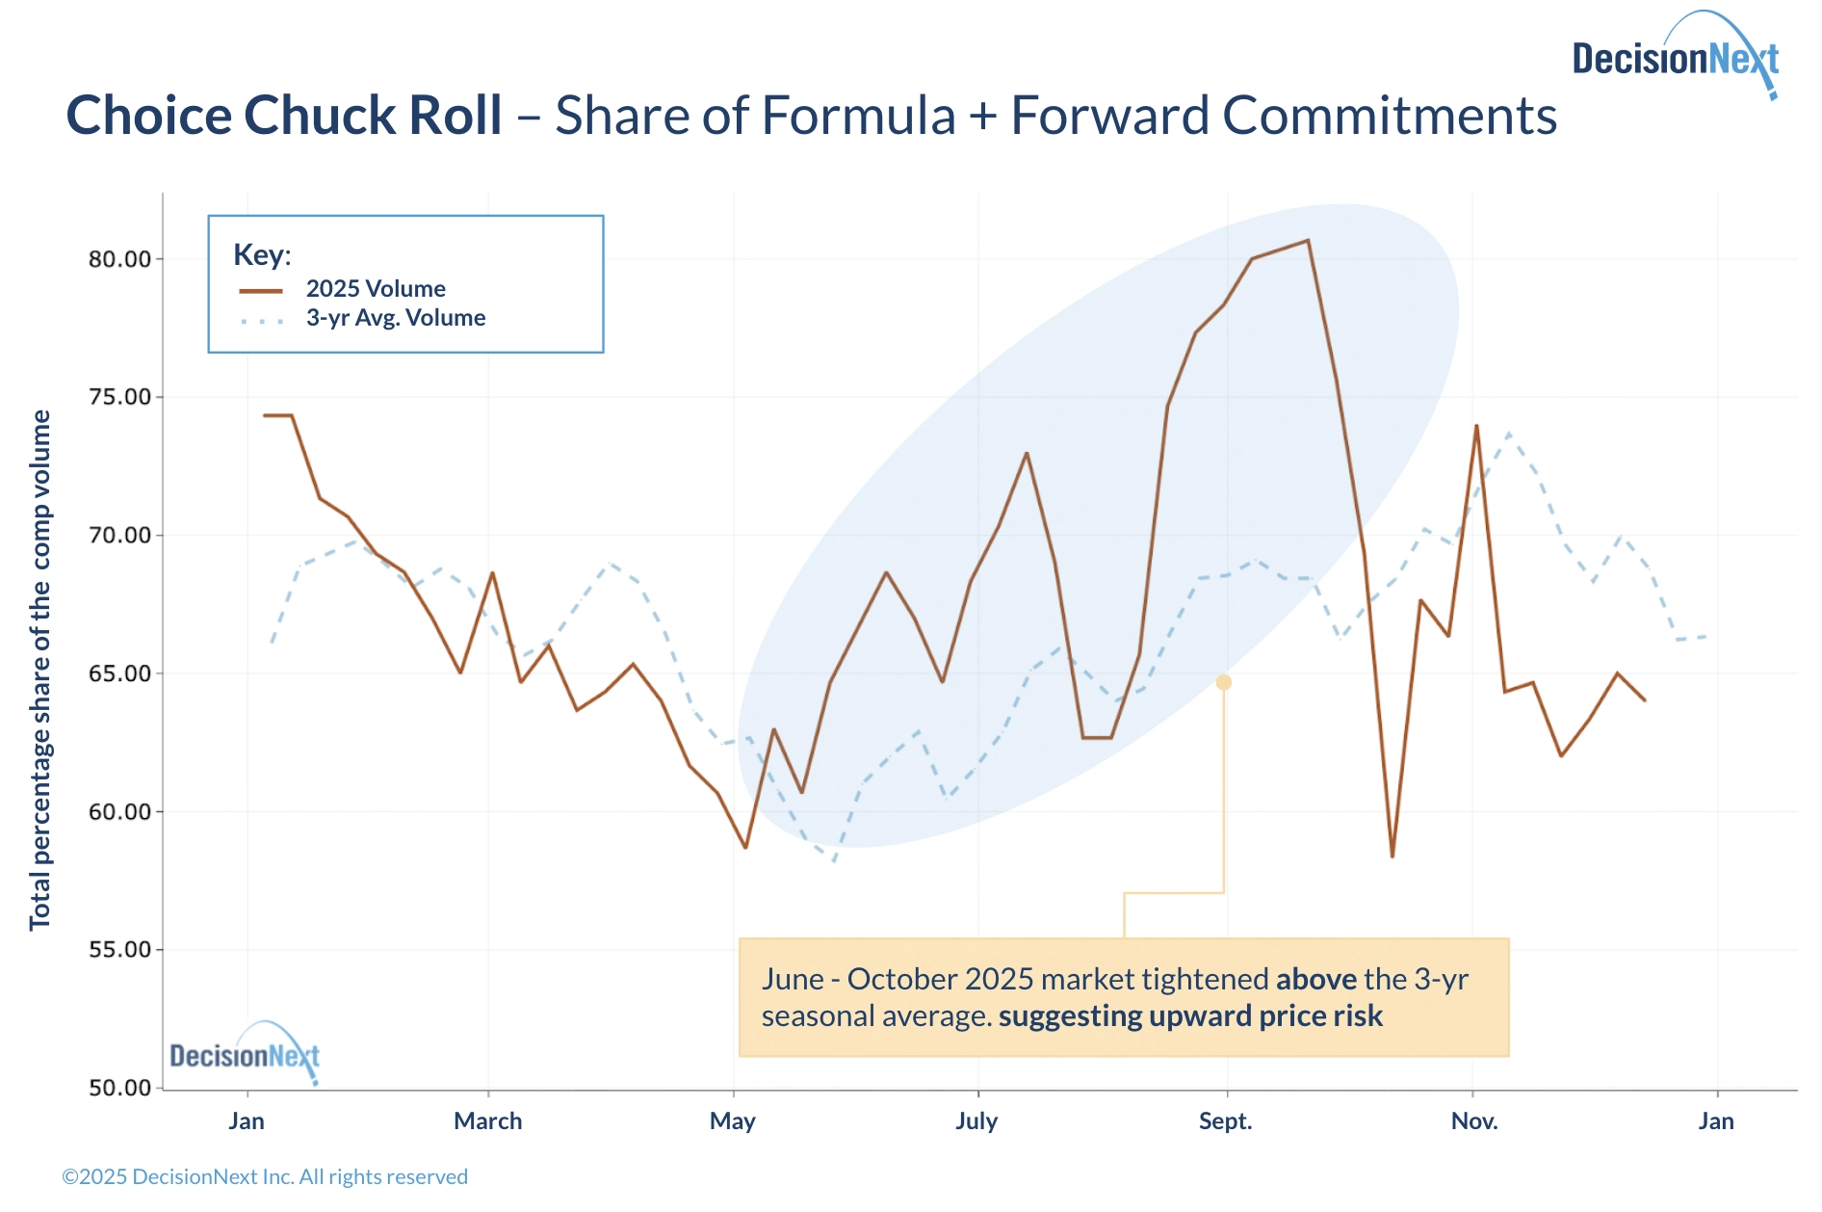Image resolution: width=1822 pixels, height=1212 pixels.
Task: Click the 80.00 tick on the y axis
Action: point(120,259)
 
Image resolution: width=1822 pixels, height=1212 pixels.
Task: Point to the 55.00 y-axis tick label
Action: point(120,950)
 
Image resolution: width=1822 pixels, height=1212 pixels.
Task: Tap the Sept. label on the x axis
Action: point(1225,1121)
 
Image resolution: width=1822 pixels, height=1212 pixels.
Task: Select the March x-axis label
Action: point(488,1121)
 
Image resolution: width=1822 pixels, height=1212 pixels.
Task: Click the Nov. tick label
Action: point(1474,1121)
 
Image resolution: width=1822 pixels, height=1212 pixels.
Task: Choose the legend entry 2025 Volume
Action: point(376,289)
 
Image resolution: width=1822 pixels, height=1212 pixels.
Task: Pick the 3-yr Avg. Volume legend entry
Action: point(395,318)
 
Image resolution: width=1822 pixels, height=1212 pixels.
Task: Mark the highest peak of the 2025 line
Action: point(1308,241)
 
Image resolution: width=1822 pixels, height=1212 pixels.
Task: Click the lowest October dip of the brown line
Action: point(1393,856)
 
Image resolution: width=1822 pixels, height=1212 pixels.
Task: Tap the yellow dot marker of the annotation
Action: point(1224,682)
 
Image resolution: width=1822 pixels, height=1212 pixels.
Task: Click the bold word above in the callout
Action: point(1315,980)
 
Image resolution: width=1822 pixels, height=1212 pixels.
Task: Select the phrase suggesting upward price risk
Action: point(1190,1016)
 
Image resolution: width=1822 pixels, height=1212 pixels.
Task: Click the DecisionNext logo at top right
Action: point(1676,58)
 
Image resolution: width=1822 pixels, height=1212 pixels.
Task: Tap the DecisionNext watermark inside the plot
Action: point(245,1056)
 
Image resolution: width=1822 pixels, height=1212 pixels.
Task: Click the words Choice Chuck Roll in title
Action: point(284,117)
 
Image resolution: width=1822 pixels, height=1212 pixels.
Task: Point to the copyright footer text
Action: point(265,1177)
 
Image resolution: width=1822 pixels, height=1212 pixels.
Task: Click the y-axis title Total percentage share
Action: point(40,670)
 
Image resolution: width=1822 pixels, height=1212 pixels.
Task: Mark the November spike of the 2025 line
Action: point(1476,426)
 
